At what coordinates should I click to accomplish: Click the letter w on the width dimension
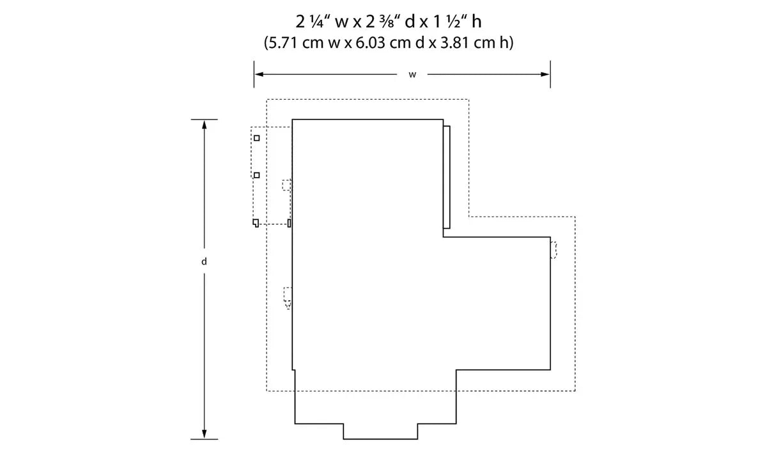tap(412, 75)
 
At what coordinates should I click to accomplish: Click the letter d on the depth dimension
tap(204, 261)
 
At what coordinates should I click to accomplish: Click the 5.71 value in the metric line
tap(282, 43)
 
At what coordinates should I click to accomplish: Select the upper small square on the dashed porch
tap(257, 138)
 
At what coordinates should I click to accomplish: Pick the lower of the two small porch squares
tap(257, 175)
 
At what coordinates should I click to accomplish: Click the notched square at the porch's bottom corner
tap(256, 222)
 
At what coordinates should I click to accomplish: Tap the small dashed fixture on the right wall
tap(554, 250)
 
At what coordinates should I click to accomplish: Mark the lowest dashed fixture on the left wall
tap(288, 297)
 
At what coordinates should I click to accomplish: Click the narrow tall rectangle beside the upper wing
tap(447, 177)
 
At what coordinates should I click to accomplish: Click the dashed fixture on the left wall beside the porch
tap(287, 185)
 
